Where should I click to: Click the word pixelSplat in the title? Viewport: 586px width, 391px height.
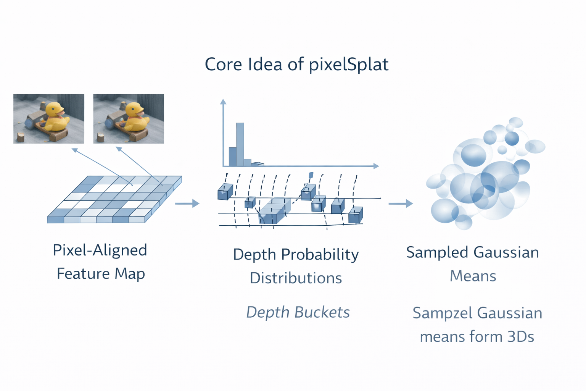[x=348, y=65]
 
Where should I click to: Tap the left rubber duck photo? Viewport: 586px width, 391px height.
[x=48, y=118]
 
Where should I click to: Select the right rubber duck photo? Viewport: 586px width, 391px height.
[x=129, y=118]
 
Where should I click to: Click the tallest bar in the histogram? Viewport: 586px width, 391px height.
[x=240, y=144]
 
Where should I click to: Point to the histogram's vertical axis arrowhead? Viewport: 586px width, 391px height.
[x=223, y=102]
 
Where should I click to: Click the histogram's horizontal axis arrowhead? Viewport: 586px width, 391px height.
[x=376, y=166]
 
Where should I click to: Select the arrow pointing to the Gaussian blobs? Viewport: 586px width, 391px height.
[x=401, y=204]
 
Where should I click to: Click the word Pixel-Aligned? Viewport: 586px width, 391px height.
[x=100, y=250]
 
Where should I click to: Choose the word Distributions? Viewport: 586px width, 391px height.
[x=296, y=278]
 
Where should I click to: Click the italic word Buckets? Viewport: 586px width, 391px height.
[x=322, y=312]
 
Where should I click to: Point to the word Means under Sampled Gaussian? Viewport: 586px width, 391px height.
[x=473, y=276]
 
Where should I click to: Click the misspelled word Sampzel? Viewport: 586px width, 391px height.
[x=443, y=313]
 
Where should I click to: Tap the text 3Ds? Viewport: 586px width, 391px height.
[x=520, y=337]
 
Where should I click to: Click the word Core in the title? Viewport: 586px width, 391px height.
[x=223, y=65]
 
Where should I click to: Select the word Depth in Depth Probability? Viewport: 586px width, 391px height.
[x=254, y=255]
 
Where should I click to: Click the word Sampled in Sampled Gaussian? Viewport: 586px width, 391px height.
[x=437, y=253]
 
